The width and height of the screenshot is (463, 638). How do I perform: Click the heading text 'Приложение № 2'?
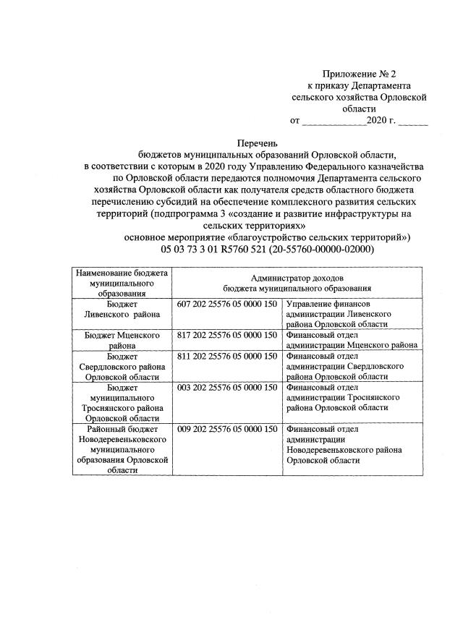[360, 73]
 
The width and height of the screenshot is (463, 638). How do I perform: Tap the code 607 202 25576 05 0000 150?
[227, 305]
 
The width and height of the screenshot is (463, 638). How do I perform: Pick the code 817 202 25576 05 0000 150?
[227, 336]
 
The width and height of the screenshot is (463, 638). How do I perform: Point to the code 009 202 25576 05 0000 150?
[227, 428]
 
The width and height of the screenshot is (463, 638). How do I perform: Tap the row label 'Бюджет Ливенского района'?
[122, 310]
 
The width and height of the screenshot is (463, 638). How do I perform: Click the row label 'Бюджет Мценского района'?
[122, 341]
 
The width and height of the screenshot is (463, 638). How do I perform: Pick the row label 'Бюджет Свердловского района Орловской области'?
[122, 366]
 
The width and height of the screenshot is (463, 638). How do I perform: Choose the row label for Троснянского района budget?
[122, 402]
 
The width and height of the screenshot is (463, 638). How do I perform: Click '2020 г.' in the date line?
[381, 121]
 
